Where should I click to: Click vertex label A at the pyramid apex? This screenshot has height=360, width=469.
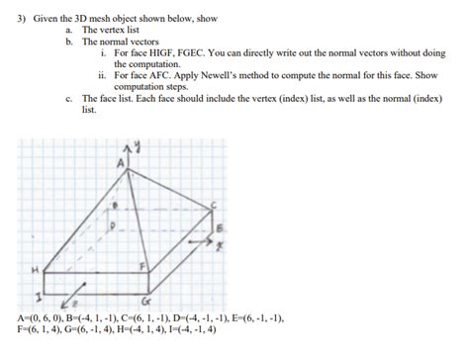point(122,161)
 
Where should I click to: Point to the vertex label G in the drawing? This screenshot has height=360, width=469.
point(147,300)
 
